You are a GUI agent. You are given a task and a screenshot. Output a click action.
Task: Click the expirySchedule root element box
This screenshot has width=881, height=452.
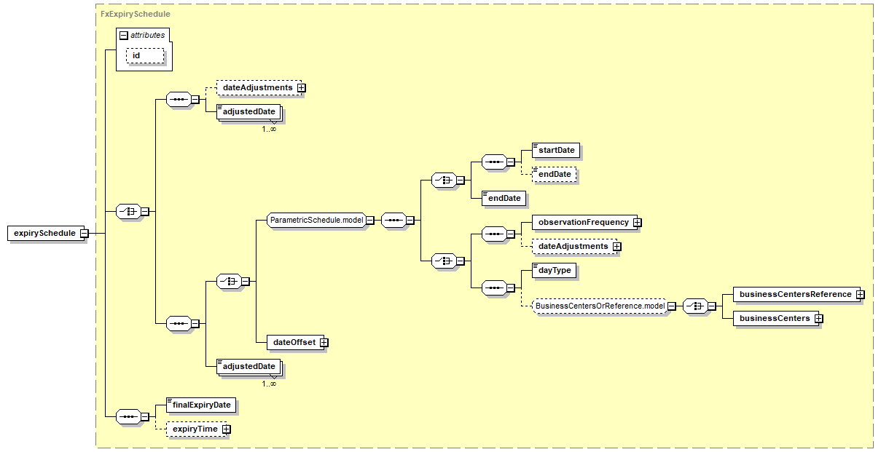[x=44, y=233]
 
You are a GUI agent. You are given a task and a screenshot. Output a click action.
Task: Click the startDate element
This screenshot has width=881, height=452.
[x=557, y=150]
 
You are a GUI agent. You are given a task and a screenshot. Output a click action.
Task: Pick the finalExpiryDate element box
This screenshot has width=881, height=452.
[x=202, y=405]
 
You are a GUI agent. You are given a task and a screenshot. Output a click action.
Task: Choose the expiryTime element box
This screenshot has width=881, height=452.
[x=195, y=429]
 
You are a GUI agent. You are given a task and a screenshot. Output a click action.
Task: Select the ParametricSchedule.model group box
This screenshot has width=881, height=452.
[x=316, y=220]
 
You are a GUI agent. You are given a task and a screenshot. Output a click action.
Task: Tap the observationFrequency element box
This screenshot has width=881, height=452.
[x=583, y=222]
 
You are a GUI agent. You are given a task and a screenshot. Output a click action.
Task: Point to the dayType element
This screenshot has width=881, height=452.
[x=554, y=270]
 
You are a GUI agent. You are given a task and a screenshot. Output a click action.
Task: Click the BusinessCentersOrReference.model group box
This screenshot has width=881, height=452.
[x=600, y=306]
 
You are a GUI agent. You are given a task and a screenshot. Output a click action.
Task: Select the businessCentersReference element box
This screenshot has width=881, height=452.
[x=795, y=294]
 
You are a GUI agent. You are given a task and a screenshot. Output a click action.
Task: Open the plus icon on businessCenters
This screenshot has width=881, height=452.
[x=818, y=318]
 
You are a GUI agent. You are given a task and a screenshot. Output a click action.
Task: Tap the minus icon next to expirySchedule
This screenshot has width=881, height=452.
[x=85, y=234]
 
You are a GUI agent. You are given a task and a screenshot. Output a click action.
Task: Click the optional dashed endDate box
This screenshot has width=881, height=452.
[x=555, y=174]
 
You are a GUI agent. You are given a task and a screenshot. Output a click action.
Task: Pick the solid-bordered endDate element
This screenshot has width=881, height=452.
[x=504, y=198]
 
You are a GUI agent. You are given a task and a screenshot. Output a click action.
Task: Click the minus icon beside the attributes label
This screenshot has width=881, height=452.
[x=124, y=35]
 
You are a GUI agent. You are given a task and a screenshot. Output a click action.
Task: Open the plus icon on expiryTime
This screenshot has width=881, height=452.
[x=227, y=429]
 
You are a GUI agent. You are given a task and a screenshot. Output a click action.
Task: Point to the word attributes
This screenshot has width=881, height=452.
[x=148, y=35]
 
